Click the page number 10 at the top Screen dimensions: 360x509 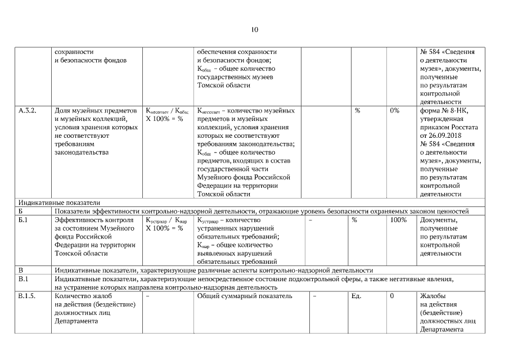tap(254, 30)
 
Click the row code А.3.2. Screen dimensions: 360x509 tap(28, 111)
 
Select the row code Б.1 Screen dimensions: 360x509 tap(23, 220)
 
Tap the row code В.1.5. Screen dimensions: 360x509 tap(28, 296)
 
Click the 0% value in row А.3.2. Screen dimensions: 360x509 tap(394, 111)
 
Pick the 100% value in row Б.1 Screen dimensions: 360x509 tap(398, 220)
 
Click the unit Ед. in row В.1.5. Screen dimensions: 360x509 tap(356, 296)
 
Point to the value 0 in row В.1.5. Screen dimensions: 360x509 tap(391, 296)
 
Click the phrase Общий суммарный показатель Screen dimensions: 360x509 tap(245, 296)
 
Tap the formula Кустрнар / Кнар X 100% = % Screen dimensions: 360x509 tap(166, 224)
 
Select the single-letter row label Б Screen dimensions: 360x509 tap(20, 211)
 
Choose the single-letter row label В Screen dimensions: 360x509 tap(20, 271)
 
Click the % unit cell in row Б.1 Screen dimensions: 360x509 tap(354, 220)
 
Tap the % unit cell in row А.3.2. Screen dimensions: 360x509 tap(358, 111)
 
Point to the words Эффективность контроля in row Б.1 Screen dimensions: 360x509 tap(93, 220)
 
